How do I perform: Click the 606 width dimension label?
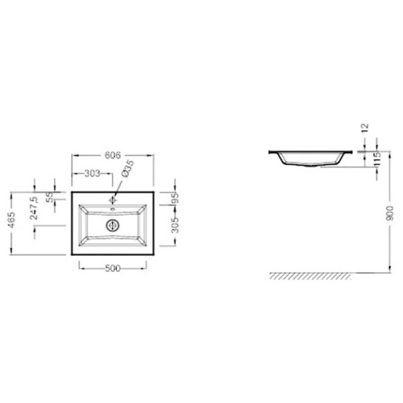coord(113,155)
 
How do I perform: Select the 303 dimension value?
coord(92,173)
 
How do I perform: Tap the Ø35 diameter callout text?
coord(128,169)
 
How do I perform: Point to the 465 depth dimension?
coord(11,220)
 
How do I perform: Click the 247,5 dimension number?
coord(34,208)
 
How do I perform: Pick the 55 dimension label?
coord(50,197)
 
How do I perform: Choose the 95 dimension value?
coord(175,198)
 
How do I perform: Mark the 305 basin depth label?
coord(175,226)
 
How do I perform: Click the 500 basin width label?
coord(113,269)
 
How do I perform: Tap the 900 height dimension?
coord(390,213)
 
